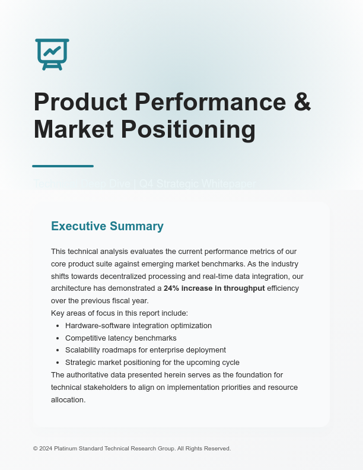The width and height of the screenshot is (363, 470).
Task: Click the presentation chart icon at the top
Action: tap(52, 54)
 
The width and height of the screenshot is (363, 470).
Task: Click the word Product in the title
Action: tap(80, 102)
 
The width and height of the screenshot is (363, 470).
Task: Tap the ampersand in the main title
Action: tap(302, 102)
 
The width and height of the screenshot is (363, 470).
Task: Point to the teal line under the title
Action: tap(63, 166)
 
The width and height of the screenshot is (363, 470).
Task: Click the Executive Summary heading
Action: tap(107, 226)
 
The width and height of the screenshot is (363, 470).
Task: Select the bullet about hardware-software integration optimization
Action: tap(138, 326)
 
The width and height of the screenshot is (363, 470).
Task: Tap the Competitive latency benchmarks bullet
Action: tap(120, 338)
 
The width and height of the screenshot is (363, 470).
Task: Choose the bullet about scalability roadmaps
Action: tap(145, 350)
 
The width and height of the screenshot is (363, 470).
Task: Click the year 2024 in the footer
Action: tap(46, 449)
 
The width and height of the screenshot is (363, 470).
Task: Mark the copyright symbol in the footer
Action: tap(35, 449)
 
